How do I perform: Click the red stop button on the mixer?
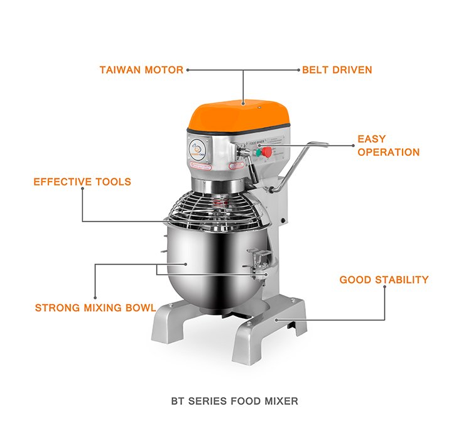coord(268,152)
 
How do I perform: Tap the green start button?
coord(257,152)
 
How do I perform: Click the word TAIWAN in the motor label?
coord(121,70)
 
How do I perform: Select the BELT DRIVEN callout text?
coord(337,70)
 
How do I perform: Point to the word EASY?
coord(372,139)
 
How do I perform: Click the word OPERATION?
coord(388,152)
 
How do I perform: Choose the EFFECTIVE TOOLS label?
coord(82,182)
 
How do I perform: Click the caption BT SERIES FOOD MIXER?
coord(235,400)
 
